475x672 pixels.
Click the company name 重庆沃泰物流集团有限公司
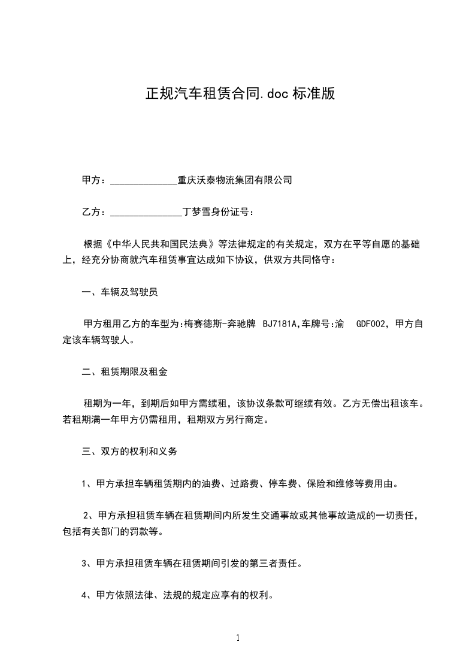(x=235, y=179)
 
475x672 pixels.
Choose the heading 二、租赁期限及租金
(x=124, y=372)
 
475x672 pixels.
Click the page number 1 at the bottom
(x=238, y=638)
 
